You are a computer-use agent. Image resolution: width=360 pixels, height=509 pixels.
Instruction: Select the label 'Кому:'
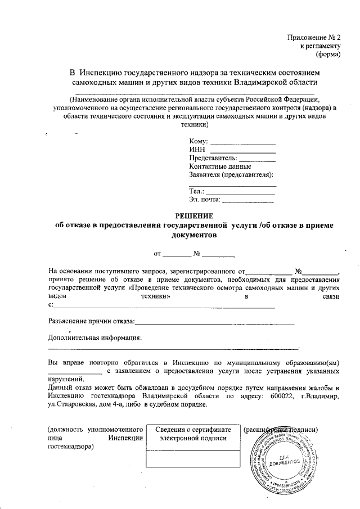click(199, 141)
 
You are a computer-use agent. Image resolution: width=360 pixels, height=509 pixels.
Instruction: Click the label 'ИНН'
click(196, 150)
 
